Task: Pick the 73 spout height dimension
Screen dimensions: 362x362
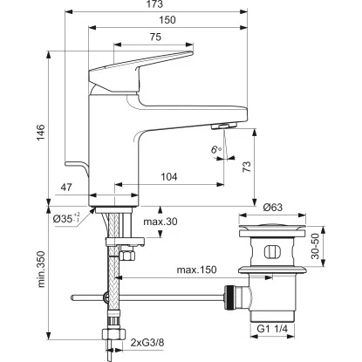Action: [247, 166]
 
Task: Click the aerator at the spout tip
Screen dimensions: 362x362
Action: [222, 126]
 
